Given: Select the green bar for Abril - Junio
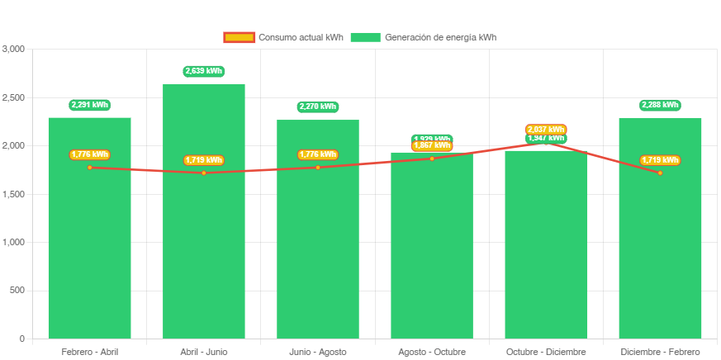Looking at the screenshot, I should point(204,248).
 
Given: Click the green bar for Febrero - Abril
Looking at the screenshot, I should point(89,248).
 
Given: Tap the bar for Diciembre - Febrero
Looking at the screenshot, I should point(660,248).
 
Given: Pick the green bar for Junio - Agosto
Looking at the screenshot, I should point(318,248).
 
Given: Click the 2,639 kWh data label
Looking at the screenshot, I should point(204,71).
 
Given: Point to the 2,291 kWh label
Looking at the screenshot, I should point(89,105).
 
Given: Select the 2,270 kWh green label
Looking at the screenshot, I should point(318,107).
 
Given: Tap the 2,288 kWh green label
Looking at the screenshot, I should point(660,105).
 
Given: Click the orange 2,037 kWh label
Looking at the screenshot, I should point(546,130).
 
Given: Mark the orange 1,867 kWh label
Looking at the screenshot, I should point(432,146).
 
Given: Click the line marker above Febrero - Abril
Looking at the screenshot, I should point(89,168).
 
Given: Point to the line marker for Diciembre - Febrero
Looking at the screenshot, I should point(660,173).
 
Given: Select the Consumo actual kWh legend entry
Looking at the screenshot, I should point(283,37).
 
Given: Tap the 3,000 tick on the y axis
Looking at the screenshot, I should point(14,49).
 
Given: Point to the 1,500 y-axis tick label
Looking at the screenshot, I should point(14,194).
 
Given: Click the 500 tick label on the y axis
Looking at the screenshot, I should point(17,290).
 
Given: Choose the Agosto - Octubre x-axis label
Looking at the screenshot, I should point(432,352).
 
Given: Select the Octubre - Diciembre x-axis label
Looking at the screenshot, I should point(546,352).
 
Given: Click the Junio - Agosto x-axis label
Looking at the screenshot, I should point(318,352).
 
